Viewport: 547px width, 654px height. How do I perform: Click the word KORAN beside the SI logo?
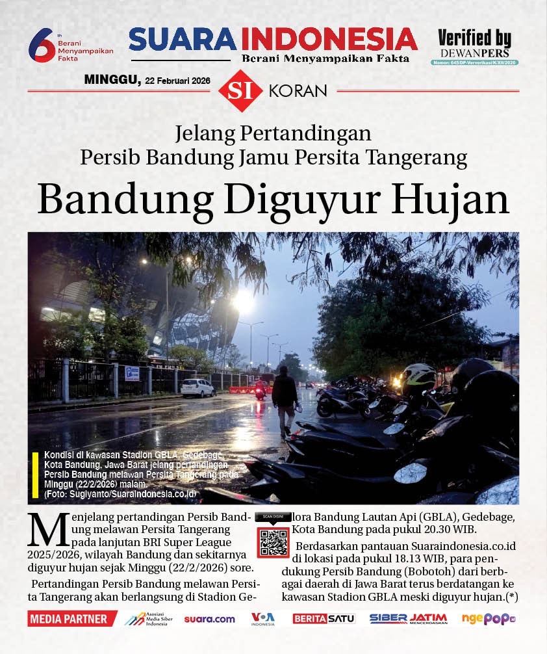pos(298,91)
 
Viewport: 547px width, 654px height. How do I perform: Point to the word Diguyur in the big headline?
pos(294,200)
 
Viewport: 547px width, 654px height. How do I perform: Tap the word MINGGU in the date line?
pos(112,79)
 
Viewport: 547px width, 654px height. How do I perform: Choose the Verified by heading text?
pos(474,38)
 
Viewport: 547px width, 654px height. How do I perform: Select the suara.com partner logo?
pos(209,619)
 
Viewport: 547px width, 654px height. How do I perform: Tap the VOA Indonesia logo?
pos(263,618)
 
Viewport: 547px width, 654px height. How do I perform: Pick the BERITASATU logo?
pos(324,619)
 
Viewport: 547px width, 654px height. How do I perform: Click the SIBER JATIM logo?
pos(408,618)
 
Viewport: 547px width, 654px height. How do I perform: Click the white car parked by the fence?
pos(197,387)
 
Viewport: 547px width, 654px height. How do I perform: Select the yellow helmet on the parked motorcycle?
pos(419,376)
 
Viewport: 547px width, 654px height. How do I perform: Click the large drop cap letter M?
pos(47,530)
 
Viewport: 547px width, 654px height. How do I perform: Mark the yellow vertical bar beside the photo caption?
pos(35,475)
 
